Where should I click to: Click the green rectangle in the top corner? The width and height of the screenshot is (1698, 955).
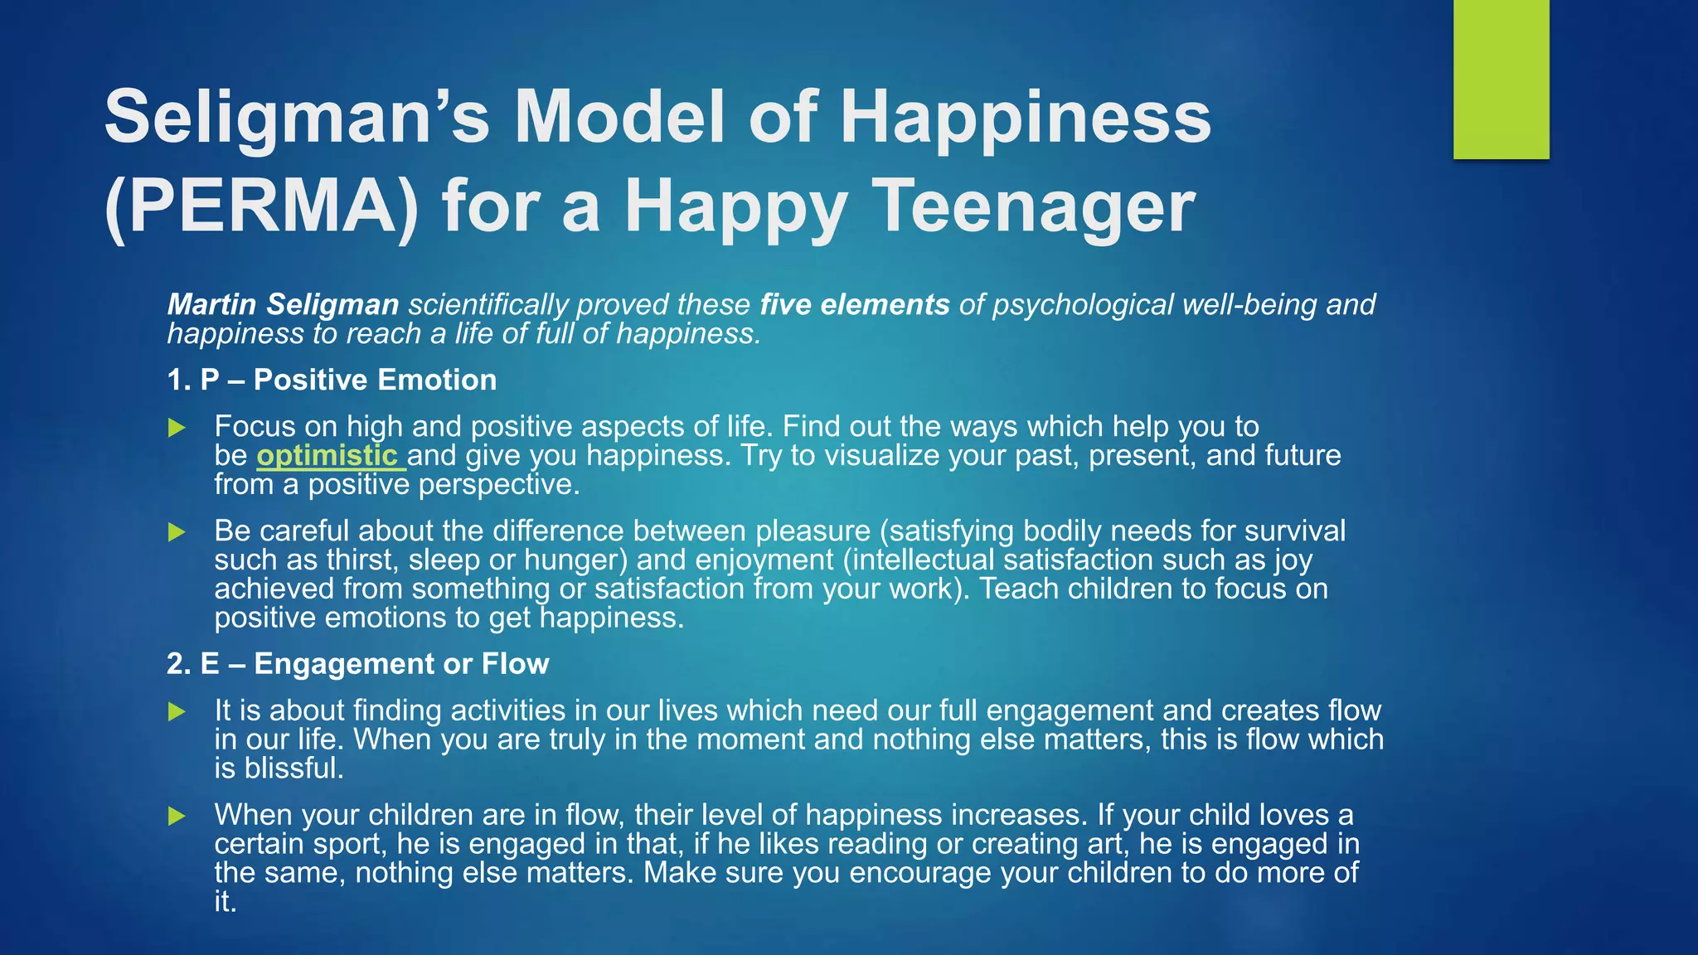[x=1501, y=80]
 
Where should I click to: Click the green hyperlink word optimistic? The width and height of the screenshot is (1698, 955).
[x=327, y=455]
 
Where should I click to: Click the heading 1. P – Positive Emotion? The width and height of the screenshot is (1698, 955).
[x=332, y=380]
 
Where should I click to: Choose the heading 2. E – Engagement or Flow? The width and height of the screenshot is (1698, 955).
[x=357, y=664]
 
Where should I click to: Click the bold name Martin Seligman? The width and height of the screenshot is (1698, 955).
[x=283, y=304]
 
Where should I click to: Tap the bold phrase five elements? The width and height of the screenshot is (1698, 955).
[x=854, y=304]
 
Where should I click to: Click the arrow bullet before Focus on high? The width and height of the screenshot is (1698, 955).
[x=177, y=428]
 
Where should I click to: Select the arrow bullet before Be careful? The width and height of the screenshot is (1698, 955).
[x=177, y=532]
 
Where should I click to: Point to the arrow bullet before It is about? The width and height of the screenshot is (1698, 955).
[x=177, y=712]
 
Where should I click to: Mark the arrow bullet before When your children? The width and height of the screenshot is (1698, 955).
[x=177, y=817]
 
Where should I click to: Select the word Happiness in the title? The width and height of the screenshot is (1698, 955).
[x=1026, y=117]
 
